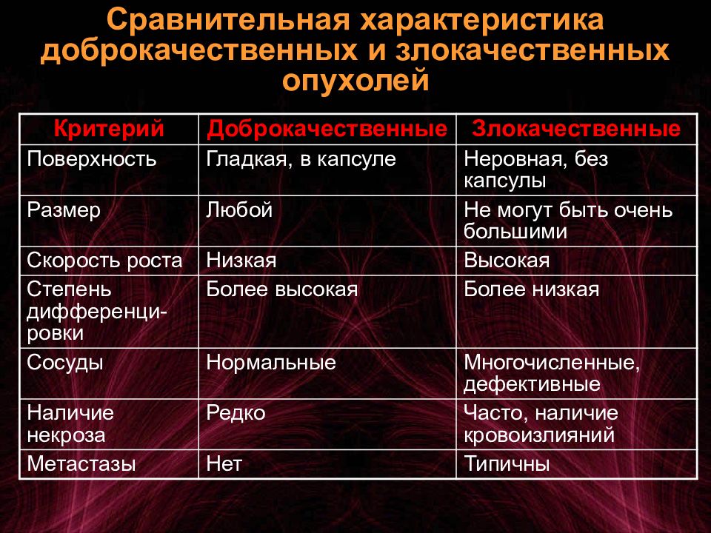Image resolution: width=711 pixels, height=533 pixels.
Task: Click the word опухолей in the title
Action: point(355,81)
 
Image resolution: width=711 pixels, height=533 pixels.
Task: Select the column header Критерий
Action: point(109,128)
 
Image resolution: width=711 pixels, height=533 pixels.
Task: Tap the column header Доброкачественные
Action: point(327,129)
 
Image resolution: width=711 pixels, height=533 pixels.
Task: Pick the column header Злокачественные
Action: point(576,129)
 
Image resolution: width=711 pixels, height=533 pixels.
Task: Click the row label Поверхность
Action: point(92,160)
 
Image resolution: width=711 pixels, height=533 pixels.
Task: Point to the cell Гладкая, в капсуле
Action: point(301,160)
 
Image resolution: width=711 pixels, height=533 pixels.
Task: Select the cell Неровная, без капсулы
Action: point(535,170)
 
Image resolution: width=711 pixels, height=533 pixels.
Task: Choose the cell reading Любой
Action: point(239,209)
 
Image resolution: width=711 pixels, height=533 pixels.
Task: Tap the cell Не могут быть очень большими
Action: point(568,221)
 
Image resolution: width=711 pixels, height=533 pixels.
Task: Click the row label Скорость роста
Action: point(104,261)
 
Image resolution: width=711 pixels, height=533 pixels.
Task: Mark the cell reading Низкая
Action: point(241,261)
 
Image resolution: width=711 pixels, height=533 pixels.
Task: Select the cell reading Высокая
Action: point(507,261)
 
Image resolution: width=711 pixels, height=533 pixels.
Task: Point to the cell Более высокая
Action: point(282,289)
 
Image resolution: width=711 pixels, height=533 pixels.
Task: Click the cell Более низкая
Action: point(532,289)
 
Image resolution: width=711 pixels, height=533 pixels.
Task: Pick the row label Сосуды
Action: point(65,363)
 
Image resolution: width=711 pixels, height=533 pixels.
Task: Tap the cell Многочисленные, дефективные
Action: point(551,373)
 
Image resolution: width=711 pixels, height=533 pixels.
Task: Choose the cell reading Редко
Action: point(236,413)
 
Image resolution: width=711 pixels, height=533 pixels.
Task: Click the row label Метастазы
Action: point(81,463)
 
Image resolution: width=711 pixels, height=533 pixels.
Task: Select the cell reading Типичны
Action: point(507,463)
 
